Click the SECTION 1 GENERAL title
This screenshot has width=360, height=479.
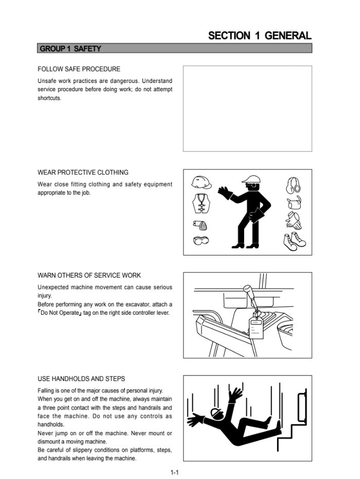point(260,36)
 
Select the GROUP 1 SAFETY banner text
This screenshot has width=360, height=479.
point(70,48)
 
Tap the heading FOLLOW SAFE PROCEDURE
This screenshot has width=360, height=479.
point(79,69)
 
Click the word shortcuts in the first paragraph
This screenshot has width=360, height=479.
point(49,98)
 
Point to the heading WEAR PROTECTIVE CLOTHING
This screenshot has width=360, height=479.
point(83,173)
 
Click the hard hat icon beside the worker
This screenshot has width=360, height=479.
point(201,183)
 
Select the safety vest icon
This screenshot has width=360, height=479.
point(201,203)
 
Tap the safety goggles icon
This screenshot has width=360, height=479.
point(201,241)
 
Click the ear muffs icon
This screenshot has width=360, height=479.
point(293,185)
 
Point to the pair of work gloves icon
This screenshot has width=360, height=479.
point(294,220)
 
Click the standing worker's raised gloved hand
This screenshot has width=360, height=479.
point(225,193)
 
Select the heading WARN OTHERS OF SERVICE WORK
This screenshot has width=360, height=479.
point(89,275)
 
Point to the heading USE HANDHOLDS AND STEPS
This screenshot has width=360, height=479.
point(81,379)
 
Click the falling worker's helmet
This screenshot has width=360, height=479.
point(216,413)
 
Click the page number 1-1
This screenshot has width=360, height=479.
point(175,473)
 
